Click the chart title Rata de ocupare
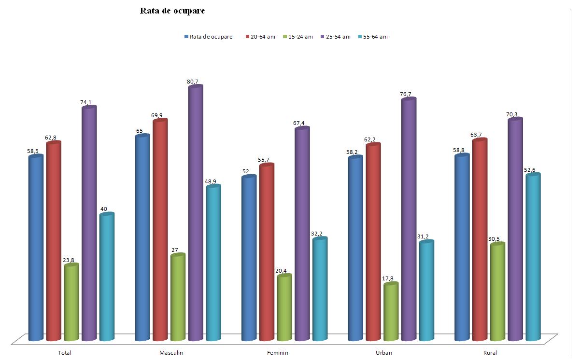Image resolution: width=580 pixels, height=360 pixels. coord(172,11)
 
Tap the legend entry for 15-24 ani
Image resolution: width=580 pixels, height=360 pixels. coord(300,37)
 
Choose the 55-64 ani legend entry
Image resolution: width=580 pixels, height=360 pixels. coord(375,37)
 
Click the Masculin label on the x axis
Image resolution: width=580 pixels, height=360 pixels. coord(171,353)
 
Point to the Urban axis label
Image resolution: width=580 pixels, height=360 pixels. coord(384,353)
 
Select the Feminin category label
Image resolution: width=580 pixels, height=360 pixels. coord(277,353)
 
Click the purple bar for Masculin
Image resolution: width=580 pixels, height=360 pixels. coord(196,212)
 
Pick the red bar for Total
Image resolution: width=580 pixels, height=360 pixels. coord(54,241)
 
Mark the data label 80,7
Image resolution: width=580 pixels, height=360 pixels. coord(193,82)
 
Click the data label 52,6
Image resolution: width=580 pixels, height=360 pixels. coord(530,170)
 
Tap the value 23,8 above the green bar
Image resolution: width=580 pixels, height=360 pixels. coord(69,260)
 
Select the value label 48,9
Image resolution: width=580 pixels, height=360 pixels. coord(210,181)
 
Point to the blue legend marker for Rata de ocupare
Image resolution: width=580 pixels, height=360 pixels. coord(186,37)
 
